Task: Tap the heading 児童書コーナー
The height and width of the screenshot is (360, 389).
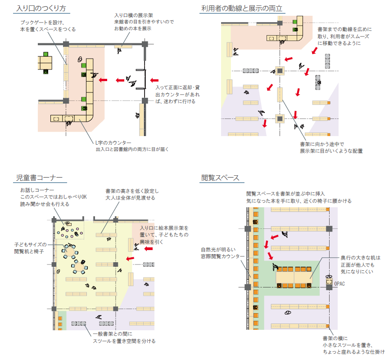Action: point(39,178)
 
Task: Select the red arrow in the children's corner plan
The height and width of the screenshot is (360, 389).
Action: point(130,258)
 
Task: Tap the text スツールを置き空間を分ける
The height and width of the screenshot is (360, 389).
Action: point(124,341)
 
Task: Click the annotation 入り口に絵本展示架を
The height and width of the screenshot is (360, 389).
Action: point(164,228)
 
